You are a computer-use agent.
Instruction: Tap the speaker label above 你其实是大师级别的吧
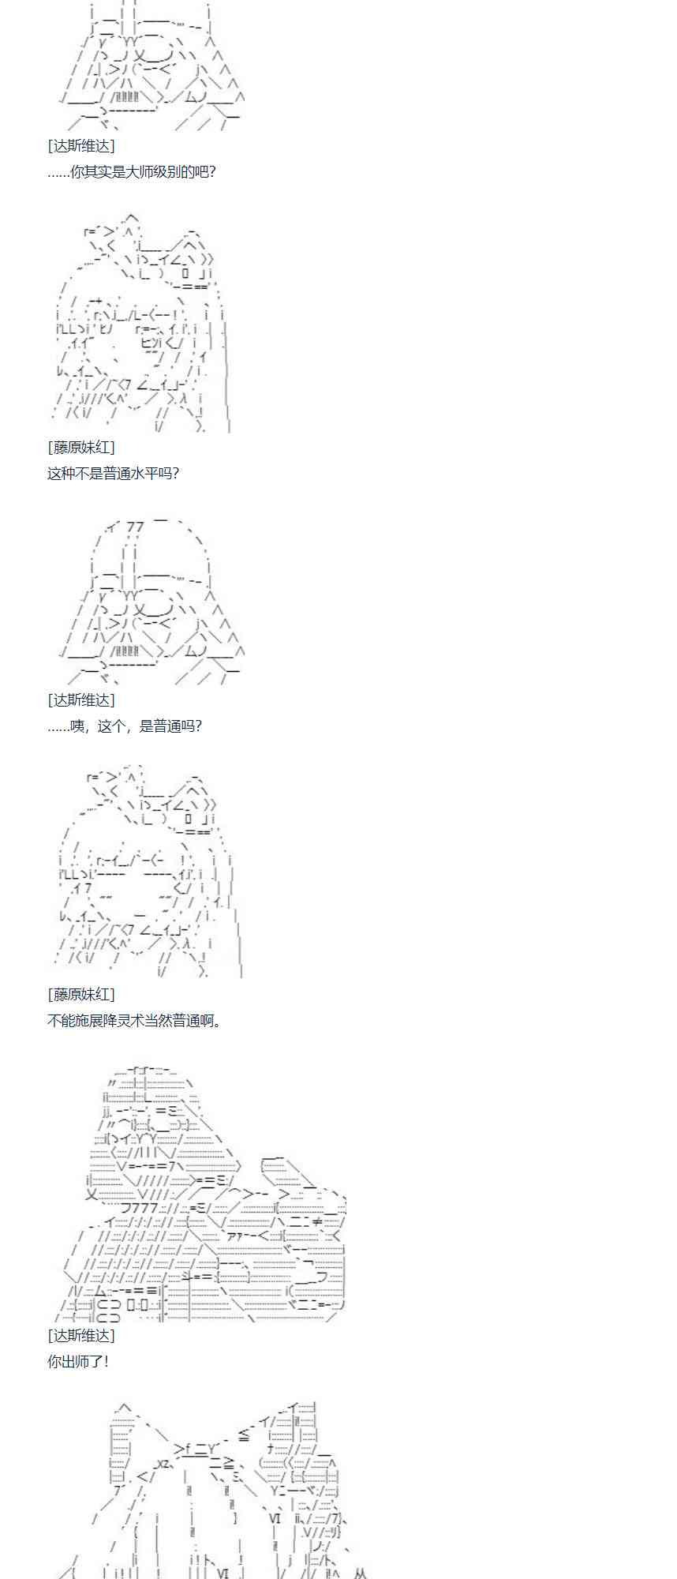[x=80, y=146]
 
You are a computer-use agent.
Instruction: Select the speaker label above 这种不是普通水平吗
[x=80, y=448]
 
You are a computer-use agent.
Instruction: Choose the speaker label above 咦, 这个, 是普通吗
[x=80, y=700]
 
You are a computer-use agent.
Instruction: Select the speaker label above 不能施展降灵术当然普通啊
[x=80, y=995]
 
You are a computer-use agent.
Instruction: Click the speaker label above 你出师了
[x=80, y=1335]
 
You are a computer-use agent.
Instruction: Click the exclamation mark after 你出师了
[x=106, y=1361]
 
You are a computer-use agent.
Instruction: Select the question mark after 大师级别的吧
[x=211, y=171]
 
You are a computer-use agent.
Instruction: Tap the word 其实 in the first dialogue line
[x=98, y=171]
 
